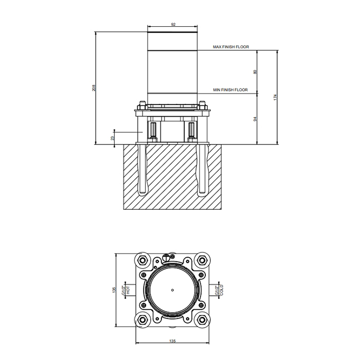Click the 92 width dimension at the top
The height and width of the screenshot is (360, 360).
[173, 24]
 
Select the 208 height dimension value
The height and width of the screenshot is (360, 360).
[94, 88]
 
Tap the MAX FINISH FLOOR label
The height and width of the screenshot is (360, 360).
[231, 47]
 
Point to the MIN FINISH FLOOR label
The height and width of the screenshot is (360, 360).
[230, 90]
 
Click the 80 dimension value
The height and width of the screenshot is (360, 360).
[255, 72]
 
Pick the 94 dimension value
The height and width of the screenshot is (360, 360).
[255, 119]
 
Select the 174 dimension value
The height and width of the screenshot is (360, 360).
[275, 97]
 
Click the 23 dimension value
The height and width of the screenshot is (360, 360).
[112, 138]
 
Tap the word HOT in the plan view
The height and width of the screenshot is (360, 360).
[128, 290]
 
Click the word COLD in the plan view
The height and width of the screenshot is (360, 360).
[222, 290]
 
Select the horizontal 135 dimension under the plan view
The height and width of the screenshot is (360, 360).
[172, 341]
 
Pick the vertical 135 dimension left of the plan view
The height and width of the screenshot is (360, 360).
[114, 290]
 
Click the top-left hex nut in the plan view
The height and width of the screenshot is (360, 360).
[142, 260]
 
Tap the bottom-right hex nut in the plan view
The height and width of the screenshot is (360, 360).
[202, 319]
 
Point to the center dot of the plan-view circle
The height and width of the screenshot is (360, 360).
[172, 290]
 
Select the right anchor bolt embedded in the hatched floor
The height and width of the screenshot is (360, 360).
[202, 169]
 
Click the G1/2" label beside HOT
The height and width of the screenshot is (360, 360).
[123, 290]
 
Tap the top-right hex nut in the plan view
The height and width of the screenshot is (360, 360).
[202, 260]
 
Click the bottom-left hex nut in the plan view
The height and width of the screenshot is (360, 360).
[142, 319]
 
